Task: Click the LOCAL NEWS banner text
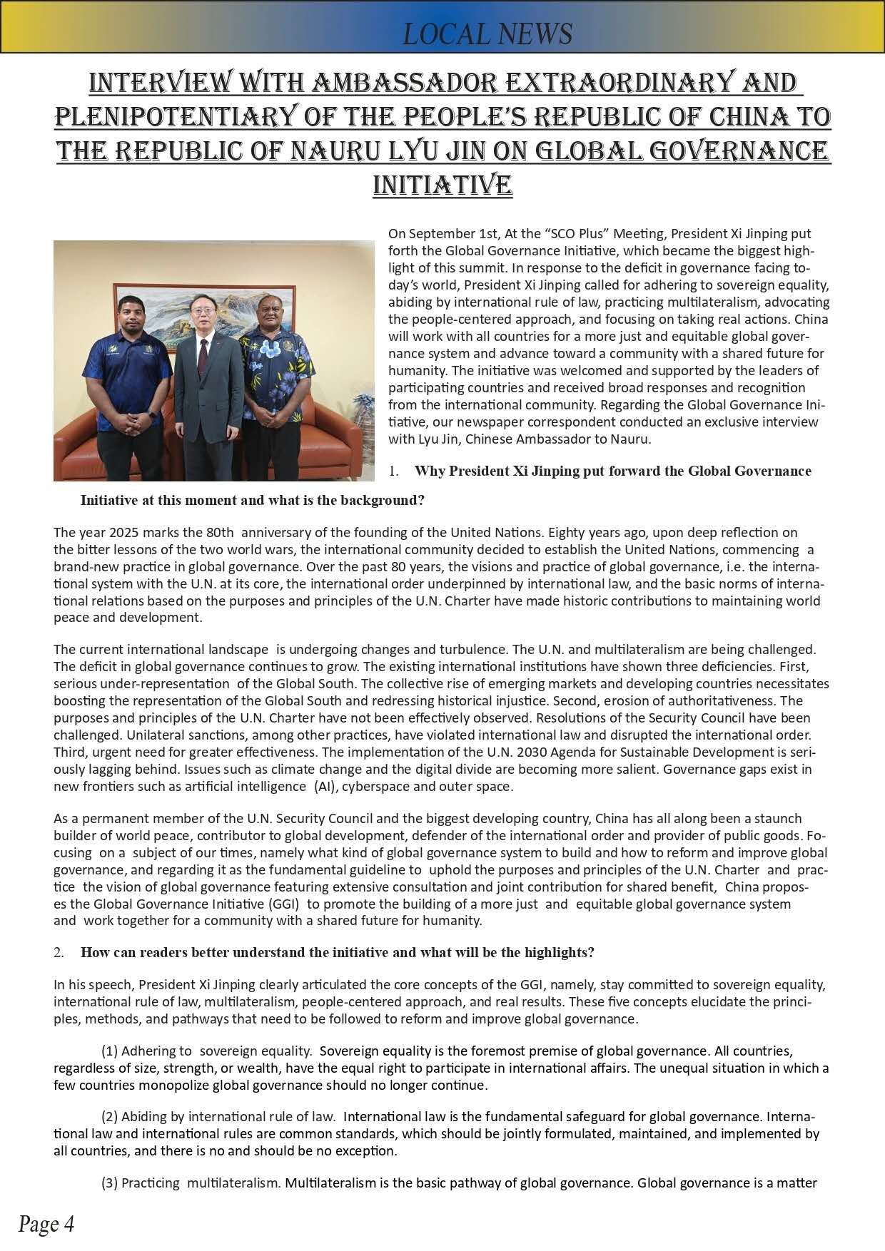[487, 34]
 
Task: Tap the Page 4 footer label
[46, 1224]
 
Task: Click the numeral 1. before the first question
[393, 471]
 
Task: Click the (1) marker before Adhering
[109, 1051]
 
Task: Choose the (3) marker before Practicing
[109, 1183]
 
